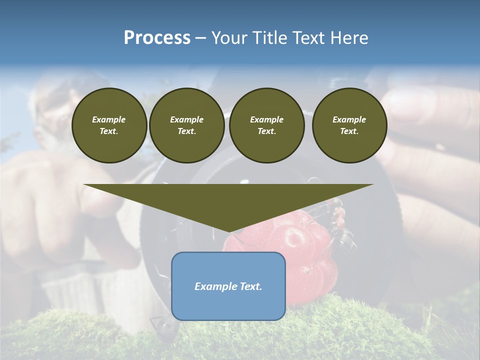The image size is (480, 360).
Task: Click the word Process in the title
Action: (x=157, y=38)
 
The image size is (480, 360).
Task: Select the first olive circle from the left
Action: (x=109, y=125)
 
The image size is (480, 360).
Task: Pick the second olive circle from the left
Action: (x=186, y=125)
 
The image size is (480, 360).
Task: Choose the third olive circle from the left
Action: (x=266, y=125)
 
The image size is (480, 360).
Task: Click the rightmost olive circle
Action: (x=349, y=125)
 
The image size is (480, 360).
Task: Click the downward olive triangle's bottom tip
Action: (x=229, y=231)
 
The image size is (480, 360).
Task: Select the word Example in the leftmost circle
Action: (x=109, y=119)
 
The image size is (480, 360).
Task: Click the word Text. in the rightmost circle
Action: (x=349, y=131)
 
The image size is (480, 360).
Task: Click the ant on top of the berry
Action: (x=340, y=215)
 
